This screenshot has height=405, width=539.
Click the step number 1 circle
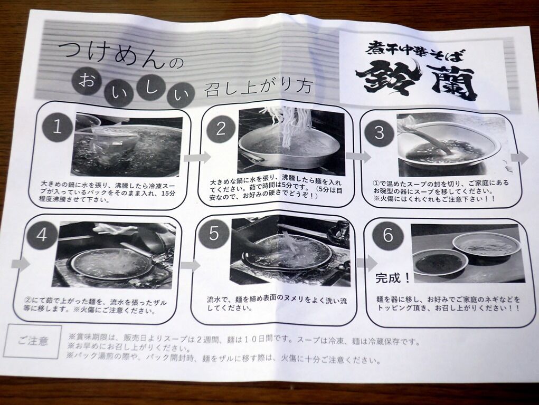pos(57,127)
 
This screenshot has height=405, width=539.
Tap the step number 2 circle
pos(221,129)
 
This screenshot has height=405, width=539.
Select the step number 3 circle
pos(379,132)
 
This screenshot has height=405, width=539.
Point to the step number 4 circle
pos(42,235)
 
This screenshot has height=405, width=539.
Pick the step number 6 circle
pos(387,236)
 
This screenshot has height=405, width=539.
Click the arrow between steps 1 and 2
pos(197,158)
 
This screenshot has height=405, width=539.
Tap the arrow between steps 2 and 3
pos(358,156)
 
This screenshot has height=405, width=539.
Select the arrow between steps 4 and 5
pos(190,265)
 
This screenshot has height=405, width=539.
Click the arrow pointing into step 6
pos(366,263)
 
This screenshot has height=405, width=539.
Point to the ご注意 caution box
pos(33,341)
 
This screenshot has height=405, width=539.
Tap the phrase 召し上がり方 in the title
pos(258,88)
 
